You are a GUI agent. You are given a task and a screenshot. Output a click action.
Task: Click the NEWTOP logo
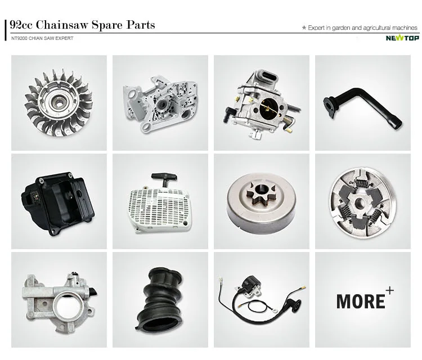(402, 38)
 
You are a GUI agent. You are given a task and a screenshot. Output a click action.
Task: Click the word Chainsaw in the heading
(62, 25)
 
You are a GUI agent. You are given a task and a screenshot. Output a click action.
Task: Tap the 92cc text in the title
(21, 25)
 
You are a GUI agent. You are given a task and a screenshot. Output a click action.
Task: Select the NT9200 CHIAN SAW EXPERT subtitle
(42, 38)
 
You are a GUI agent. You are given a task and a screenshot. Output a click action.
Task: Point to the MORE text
(361, 301)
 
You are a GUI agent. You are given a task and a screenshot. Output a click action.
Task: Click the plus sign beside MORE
(389, 291)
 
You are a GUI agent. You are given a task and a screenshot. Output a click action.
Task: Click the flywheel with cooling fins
(59, 102)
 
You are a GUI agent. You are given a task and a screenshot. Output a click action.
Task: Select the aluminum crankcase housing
(160, 103)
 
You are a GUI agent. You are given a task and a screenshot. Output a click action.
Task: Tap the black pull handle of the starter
(164, 178)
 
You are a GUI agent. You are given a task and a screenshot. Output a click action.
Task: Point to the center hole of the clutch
(360, 204)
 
